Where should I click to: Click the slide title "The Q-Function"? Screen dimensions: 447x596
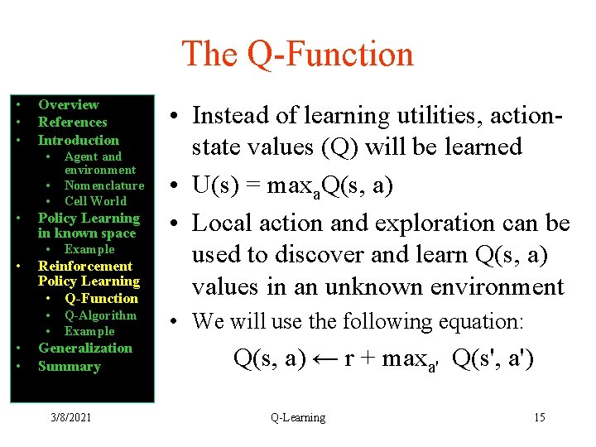point(297,55)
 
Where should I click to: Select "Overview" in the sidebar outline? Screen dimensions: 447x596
point(68,105)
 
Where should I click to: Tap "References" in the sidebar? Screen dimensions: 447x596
point(73,123)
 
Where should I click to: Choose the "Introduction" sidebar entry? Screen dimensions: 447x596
point(79,141)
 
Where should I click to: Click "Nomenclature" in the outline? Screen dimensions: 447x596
point(103,185)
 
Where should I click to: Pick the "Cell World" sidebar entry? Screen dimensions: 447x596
point(95,201)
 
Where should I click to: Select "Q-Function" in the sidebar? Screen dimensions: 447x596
point(101,299)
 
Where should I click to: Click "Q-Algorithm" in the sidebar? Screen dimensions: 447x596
point(100,315)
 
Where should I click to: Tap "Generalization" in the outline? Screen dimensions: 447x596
point(84,348)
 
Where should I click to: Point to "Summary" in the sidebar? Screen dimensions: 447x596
point(69,367)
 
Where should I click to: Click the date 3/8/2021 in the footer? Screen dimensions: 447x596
point(70,417)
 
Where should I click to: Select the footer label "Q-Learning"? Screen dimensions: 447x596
point(297,417)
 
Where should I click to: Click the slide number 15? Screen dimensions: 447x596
point(539,417)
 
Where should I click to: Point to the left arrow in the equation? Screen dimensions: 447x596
point(325,360)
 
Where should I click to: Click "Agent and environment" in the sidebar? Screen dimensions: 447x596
point(99,163)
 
